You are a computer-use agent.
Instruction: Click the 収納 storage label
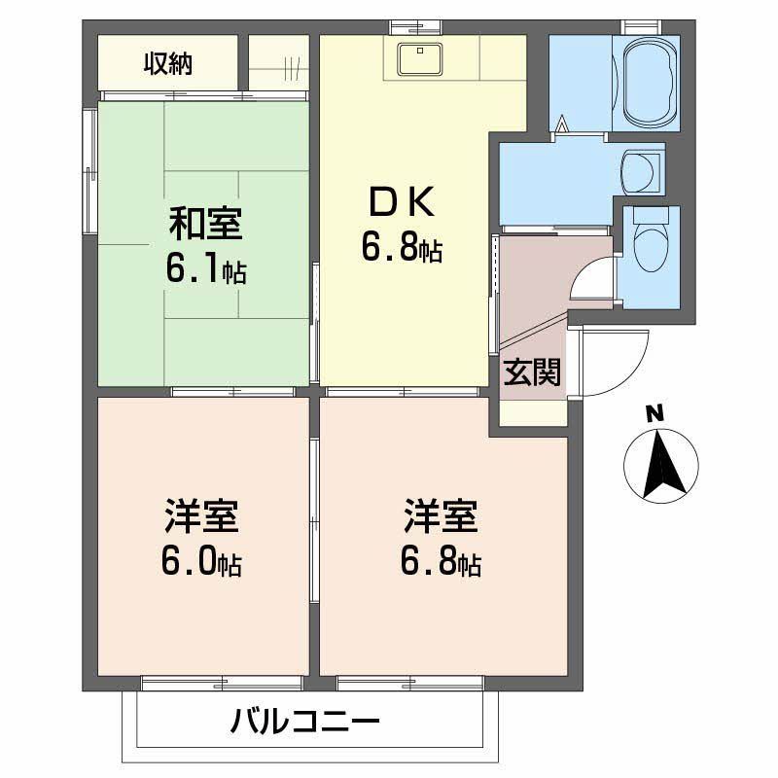tap(168, 64)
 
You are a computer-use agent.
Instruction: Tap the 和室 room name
tap(205, 224)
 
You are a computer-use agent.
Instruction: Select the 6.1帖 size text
tap(205, 268)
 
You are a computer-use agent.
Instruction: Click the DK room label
tap(401, 202)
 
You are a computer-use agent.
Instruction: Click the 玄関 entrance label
tap(532, 372)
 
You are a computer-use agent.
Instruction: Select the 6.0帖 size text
tap(201, 563)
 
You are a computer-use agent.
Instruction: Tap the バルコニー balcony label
tap(304, 723)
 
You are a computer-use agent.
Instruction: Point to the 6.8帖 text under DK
tap(401, 249)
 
